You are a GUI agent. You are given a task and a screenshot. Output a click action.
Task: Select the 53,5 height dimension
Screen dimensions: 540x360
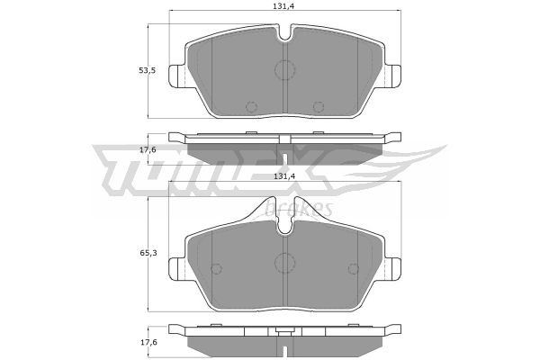pos(147,70)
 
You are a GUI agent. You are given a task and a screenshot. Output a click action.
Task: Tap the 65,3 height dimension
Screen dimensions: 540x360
pos(148,253)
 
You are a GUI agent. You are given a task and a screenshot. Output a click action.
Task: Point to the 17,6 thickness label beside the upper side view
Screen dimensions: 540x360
pos(148,149)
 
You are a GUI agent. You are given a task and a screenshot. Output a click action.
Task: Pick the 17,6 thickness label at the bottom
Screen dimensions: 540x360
pos(148,342)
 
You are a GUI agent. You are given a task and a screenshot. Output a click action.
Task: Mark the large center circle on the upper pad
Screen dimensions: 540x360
pos(284,70)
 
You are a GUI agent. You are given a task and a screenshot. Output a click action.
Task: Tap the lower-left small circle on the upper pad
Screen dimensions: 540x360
pos(251,107)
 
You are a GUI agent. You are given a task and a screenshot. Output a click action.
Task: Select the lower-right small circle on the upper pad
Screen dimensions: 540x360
pos(319,107)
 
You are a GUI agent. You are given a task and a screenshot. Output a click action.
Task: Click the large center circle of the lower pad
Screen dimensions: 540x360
pos(284,263)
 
